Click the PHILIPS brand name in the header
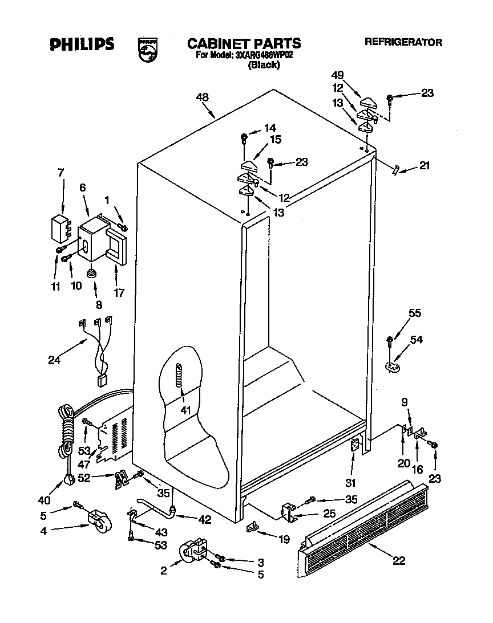point(82,44)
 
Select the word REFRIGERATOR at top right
point(403,42)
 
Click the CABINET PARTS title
point(244,43)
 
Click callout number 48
point(202,97)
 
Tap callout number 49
point(337,75)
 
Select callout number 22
point(398,561)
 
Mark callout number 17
point(119,294)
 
